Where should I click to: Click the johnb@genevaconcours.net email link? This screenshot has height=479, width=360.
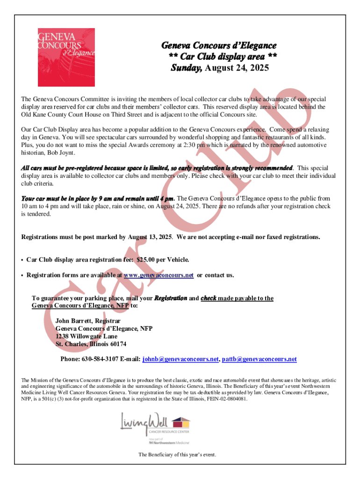click(x=180, y=359)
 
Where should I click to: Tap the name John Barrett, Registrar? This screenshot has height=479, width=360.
click(x=88, y=321)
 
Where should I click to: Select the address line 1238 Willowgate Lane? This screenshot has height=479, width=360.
click(x=86, y=336)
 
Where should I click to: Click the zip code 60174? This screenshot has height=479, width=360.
click(x=116, y=344)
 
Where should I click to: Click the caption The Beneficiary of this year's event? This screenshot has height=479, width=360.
click(x=177, y=455)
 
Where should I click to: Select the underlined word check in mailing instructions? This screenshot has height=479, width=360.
click(x=208, y=298)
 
